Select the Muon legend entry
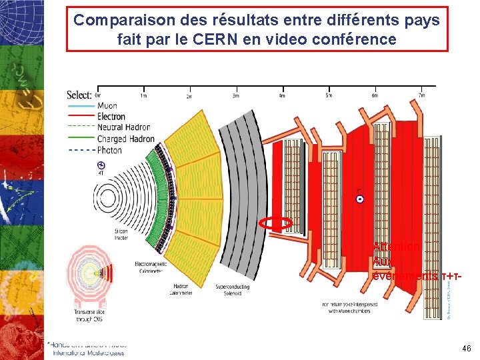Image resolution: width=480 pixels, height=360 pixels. (x=107, y=106)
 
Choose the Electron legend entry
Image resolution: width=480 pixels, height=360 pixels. (x=111, y=117)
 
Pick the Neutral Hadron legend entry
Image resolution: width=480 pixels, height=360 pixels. (x=123, y=127)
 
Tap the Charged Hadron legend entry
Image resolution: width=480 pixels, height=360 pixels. (x=125, y=139)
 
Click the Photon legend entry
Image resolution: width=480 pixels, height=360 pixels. (x=109, y=150)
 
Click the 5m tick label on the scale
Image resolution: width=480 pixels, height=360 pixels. (x=328, y=95)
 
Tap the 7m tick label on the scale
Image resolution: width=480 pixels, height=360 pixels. (x=421, y=95)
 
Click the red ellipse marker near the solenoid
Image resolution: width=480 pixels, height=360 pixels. (x=277, y=223)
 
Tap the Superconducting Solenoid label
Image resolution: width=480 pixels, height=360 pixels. (x=233, y=289)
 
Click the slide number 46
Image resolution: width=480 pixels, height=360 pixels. (x=466, y=349)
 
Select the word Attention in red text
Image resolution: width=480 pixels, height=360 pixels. (x=396, y=247)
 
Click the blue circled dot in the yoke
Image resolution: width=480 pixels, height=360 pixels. (x=359, y=200)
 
